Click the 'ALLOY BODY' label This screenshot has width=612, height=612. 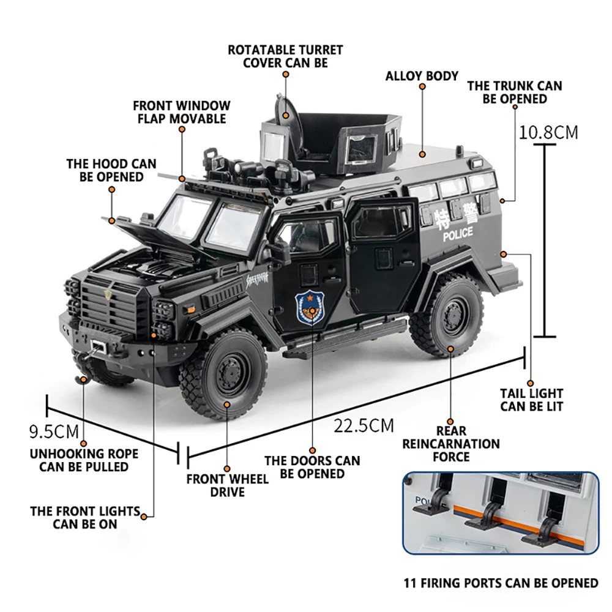(422, 76)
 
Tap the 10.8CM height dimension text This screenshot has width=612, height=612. (548, 132)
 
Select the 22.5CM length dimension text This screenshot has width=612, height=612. (364, 425)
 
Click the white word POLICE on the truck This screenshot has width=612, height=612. (457, 234)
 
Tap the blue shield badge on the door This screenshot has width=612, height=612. (311, 308)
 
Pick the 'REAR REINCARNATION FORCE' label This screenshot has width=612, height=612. (451, 444)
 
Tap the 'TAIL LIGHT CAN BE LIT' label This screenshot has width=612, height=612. (531, 400)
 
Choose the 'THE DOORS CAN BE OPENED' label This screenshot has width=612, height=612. (312, 467)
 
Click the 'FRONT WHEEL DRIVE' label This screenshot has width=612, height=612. (227, 485)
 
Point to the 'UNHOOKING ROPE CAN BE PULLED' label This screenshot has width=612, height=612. (84, 460)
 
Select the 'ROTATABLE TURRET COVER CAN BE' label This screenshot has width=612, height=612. (285, 56)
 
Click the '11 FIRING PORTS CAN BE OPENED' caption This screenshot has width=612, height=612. (501, 583)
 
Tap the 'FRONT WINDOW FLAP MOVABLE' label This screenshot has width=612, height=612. (181, 113)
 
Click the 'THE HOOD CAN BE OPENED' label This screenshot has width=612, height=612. (111, 170)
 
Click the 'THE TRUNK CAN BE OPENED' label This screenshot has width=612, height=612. (514, 92)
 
